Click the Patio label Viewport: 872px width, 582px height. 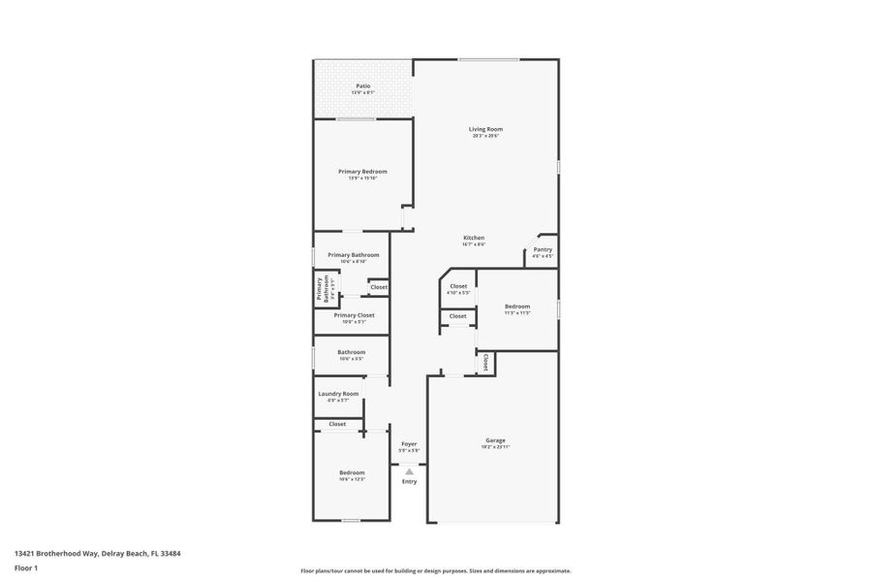(362, 86)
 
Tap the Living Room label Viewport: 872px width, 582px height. (485, 129)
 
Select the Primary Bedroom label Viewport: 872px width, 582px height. (362, 172)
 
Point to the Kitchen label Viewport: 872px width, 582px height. (473, 238)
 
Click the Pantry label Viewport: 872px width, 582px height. (543, 249)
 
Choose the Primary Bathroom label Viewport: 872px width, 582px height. (353, 255)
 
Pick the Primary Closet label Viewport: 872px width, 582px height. (353, 315)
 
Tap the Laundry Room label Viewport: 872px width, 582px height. (338, 394)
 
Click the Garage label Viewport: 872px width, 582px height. (495, 440)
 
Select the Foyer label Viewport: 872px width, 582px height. (409, 444)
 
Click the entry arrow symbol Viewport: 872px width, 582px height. (409, 471)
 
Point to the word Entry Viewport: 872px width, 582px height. (409, 481)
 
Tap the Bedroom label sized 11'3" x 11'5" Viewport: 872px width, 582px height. (517, 307)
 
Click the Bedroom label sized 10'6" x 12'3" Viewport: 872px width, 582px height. (352, 472)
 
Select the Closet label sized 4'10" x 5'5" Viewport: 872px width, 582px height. (458, 286)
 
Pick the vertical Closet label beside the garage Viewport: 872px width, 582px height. (485, 362)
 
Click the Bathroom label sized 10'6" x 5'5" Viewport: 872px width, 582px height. (351, 352)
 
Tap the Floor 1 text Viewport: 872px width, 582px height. (26, 567)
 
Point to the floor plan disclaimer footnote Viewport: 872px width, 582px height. (436, 571)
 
